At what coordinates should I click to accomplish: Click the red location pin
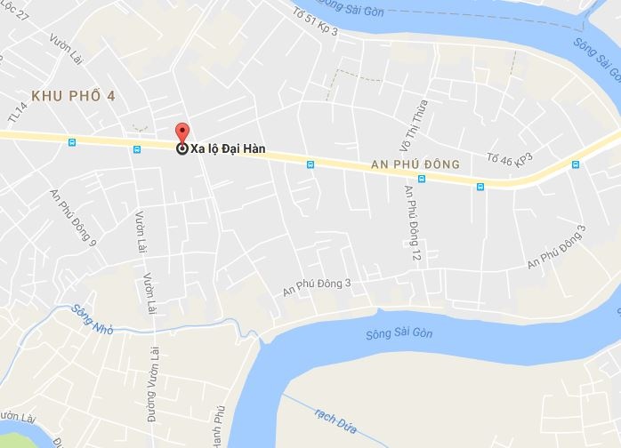181,132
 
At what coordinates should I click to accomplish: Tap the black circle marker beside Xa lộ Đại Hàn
182,149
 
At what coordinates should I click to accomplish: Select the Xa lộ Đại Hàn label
229,149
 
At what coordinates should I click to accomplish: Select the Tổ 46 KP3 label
509,160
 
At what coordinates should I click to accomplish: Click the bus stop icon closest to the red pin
136,149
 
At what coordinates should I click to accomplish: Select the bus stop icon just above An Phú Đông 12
423,179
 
